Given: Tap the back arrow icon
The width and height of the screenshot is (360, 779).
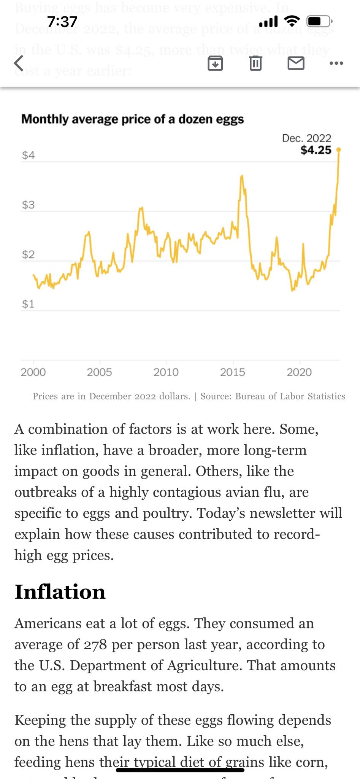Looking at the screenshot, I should (x=19, y=63).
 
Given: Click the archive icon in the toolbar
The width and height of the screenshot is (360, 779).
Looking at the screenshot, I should (x=215, y=63).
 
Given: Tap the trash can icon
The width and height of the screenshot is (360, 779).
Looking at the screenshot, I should (x=255, y=63).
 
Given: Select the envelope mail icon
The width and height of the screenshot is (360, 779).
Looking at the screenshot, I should (x=296, y=63).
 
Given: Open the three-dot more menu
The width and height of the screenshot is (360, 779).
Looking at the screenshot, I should (x=336, y=63).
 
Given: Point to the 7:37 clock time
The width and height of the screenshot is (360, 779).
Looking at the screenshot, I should (x=62, y=22).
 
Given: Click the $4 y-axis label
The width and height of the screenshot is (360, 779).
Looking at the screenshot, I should (x=28, y=155).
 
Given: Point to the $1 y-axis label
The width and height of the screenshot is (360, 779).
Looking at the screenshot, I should (x=28, y=304).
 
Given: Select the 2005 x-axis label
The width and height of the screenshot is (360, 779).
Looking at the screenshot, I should (x=99, y=372).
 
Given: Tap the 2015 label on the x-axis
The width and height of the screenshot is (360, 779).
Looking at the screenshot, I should (x=232, y=372).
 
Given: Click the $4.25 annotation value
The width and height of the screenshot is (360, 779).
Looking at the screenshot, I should (x=316, y=150).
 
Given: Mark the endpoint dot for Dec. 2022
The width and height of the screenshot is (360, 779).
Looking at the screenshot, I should (x=339, y=150).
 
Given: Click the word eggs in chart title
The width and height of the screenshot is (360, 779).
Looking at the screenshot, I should (x=230, y=119).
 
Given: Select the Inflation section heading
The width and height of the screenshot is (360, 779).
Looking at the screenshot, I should (x=60, y=592).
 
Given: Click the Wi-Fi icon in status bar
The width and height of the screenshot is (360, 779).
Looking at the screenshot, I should (x=292, y=21).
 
